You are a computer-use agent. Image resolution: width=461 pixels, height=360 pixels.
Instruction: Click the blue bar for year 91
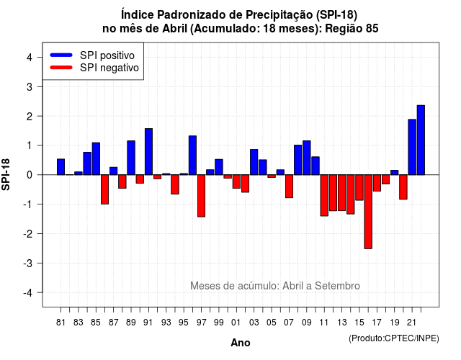(149, 152)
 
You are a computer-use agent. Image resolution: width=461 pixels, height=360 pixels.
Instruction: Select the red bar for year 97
(202, 196)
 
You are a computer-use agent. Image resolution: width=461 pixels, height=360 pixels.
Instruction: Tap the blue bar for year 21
(412, 147)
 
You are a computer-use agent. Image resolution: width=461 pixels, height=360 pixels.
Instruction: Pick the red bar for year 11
(324, 195)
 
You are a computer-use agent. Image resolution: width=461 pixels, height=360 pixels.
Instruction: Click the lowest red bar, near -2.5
(368, 212)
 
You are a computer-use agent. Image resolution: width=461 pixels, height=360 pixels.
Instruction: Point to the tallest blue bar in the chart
(421, 140)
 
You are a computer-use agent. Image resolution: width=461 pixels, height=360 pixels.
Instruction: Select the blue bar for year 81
(61, 167)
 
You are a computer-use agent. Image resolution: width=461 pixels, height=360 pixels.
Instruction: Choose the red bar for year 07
(290, 186)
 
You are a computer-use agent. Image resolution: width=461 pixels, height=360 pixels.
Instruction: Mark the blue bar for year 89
(131, 158)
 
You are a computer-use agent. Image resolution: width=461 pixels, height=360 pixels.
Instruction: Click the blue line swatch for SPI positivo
(61, 55)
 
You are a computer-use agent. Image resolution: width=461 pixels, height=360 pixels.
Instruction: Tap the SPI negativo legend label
(109, 68)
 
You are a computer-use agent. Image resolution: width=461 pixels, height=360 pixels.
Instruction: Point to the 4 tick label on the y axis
(30, 58)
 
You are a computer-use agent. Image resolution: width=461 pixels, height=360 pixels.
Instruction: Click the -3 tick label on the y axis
(27, 263)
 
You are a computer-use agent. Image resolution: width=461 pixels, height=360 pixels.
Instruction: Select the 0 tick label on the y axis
(30, 175)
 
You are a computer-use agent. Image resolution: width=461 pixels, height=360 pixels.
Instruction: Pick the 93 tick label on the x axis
(166, 323)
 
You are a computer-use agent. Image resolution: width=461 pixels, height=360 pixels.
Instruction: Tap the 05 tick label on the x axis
(272, 323)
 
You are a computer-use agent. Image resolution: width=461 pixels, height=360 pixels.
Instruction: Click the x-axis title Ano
(241, 343)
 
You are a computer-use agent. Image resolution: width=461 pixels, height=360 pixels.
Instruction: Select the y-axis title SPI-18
(6, 174)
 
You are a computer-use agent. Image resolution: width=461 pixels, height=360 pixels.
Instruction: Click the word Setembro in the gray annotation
(337, 286)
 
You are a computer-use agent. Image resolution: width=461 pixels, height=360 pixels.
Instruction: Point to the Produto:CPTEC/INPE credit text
(394, 338)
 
